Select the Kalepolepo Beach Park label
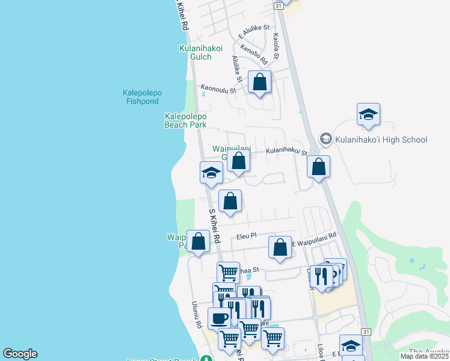(185, 120)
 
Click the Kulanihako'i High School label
(381, 140)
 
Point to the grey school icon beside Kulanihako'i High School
(326, 140)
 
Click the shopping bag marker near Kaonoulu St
(259, 82)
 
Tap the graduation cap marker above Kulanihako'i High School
(368, 114)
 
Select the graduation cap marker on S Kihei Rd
(212, 173)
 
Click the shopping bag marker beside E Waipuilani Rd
(280, 247)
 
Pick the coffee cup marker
(219, 318)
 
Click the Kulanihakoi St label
(287, 153)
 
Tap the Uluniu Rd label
(197, 315)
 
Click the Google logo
(20, 354)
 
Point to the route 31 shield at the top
(278, 5)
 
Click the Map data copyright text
(425, 356)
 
